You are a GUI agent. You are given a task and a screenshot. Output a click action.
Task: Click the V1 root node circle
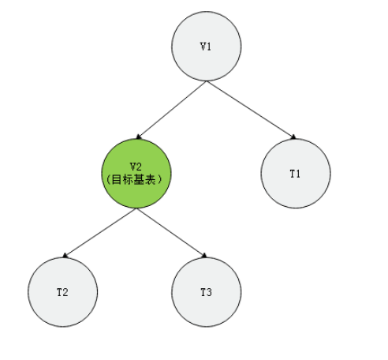pyautogui.click(x=207, y=46)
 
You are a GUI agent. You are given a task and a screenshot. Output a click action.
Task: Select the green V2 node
pyautogui.click(x=136, y=174)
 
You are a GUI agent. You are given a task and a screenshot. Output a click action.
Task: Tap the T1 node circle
pyautogui.click(x=296, y=174)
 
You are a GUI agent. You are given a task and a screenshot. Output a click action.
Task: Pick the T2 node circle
pyautogui.click(x=63, y=292)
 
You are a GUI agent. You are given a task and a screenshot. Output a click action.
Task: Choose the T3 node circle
pyautogui.click(x=207, y=292)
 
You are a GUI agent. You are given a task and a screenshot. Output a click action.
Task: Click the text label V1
pyautogui.click(x=206, y=47)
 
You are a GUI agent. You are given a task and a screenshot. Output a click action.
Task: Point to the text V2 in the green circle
pyautogui.click(x=136, y=167)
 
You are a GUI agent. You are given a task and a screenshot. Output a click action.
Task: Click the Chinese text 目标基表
pyautogui.click(x=134, y=180)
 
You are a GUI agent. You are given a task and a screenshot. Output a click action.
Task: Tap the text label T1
pyautogui.click(x=295, y=174)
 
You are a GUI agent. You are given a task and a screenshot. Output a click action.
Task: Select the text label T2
pyautogui.click(x=62, y=292)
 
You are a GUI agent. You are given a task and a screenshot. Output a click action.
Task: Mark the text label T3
pyautogui.click(x=207, y=292)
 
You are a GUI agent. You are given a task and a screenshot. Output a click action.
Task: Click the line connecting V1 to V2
pyautogui.click(x=172, y=110)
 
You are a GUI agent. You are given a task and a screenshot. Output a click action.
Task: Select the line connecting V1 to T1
pyautogui.click(x=252, y=110)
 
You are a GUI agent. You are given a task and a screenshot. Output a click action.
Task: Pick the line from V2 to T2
pyautogui.click(x=99, y=233)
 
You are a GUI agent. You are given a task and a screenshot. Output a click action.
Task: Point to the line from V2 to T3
pyautogui.click(x=172, y=233)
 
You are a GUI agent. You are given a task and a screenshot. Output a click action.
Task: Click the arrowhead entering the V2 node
pyautogui.click(x=139, y=137)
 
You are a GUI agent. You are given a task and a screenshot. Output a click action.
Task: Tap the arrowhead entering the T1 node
pyautogui.click(x=293, y=137)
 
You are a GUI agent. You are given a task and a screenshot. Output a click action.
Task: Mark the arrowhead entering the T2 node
pyautogui.click(x=65, y=255)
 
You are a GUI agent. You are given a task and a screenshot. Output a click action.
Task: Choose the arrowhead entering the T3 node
pyautogui.click(x=204, y=255)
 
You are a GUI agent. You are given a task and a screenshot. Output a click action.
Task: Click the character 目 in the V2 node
pyautogui.click(x=117, y=180)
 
